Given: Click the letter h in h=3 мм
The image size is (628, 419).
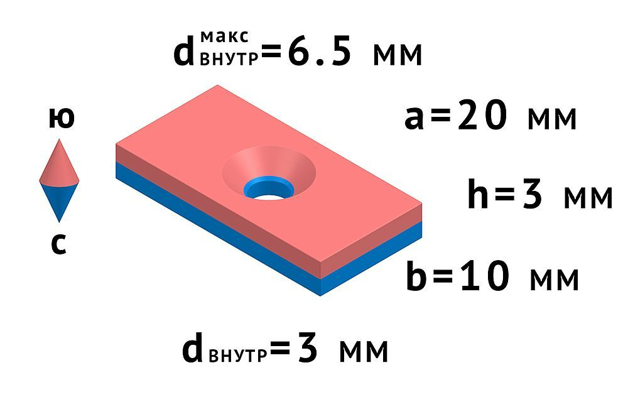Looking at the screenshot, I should (479, 195).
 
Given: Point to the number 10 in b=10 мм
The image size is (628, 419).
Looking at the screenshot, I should (484, 277).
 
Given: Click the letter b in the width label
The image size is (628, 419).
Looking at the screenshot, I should (417, 277).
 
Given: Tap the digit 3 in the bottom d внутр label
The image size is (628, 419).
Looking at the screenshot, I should (307, 350).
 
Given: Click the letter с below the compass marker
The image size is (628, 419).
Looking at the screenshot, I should (58, 245).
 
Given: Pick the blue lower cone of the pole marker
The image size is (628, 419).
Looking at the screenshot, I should (59, 201).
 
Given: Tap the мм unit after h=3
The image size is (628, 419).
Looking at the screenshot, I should (587, 197).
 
